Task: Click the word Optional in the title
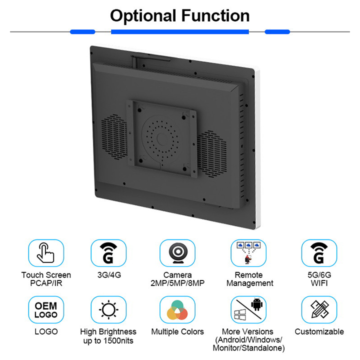pyautogui.click(x=143, y=16)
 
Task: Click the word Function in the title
pyautogui.click(x=215, y=15)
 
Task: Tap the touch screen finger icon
pyautogui.click(x=45, y=253)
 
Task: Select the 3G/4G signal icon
pyautogui.click(x=108, y=253)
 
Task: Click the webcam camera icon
pyautogui.click(x=178, y=253)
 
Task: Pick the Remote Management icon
pyautogui.click(x=248, y=253)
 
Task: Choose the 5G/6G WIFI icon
pyautogui.click(x=319, y=253)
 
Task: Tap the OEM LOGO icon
pyautogui.click(x=46, y=310)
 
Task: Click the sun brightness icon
pyautogui.click(x=108, y=309)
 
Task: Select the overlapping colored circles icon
pyautogui.click(x=177, y=310)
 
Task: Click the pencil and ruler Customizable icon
pyautogui.click(x=319, y=309)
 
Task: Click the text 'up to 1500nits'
pyautogui.click(x=108, y=340)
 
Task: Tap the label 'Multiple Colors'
pyautogui.click(x=177, y=331)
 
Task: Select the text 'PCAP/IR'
pyautogui.click(x=46, y=283)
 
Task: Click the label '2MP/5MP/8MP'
pyautogui.click(x=177, y=283)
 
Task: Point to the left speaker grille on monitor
pyautogui.click(x=114, y=137)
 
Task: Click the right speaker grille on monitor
pyautogui.click(x=211, y=154)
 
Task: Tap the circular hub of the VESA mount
pyautogui.click(x=160, y=138)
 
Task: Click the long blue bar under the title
pyautogui.click(x=180, y=31)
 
